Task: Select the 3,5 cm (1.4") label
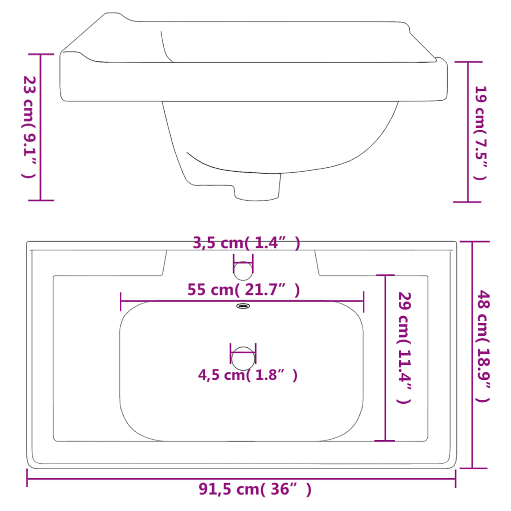click(247, 244)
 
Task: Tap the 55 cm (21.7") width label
click(244, 290)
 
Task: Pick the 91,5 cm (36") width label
click(255, 490)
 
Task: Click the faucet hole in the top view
click(244, 270)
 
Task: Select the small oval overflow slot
click(243, 306)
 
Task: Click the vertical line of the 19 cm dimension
click(468, 132)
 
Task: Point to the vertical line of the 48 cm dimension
click(473, 354)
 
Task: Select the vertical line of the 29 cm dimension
click(385, 357)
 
